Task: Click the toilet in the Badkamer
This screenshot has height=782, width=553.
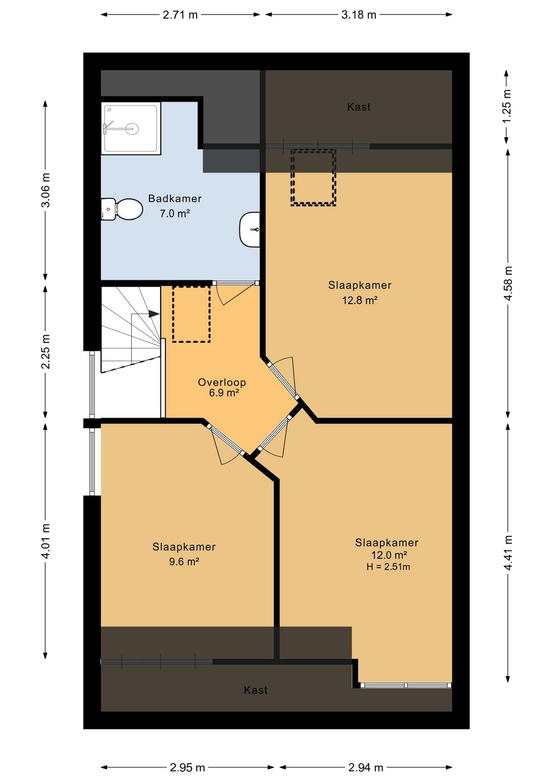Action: tap(122, 209)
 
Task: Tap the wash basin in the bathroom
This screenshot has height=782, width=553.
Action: tap(250, 230)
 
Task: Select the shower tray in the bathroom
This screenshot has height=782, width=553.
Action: tap(131, 128)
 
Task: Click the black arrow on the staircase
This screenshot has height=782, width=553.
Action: tap(154, 314)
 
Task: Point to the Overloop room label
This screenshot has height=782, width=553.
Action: tap(222, 382)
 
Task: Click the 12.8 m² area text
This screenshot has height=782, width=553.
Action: tap(360, 300)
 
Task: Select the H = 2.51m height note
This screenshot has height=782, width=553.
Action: tap(388, 567)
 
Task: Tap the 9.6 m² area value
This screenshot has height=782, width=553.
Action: tap(184, 562)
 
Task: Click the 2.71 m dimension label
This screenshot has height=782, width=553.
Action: tap(180, 15)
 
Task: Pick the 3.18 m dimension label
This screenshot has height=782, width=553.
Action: tap(358, 15)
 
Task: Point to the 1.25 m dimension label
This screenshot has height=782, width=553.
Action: tap(507, 106)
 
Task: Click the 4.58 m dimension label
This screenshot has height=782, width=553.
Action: tap(507, 283)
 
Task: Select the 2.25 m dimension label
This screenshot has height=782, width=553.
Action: tap(46, 352)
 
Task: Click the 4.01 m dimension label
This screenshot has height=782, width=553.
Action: tap(46, 542)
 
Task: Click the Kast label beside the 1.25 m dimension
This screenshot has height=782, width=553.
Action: tap(358, 107)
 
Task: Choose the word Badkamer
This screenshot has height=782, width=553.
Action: tap(175, 199)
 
